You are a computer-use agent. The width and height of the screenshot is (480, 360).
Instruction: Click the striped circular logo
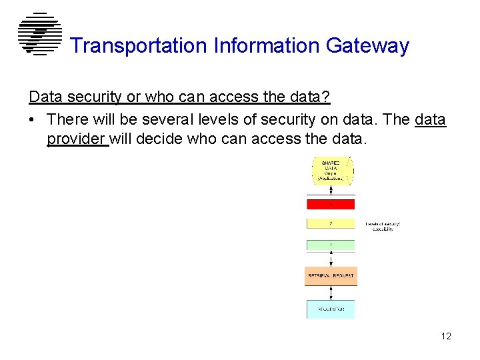(39, 34)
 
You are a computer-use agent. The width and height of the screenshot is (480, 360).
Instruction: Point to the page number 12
(445, 336)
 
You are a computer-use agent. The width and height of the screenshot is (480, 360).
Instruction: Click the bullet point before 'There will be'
(33, 120)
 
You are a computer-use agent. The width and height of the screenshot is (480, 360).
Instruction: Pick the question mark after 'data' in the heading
(326, 97)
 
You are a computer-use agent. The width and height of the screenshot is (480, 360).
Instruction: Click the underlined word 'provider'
(77, 139)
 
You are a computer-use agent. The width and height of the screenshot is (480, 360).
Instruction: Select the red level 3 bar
(331, 204)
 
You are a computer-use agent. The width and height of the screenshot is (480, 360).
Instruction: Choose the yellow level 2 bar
(331, 223)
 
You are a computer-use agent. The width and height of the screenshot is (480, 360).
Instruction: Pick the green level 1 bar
(331, 245)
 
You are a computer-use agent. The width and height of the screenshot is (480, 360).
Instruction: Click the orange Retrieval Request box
(331, 275)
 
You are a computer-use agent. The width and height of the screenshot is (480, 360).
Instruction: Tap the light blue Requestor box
(331, 309)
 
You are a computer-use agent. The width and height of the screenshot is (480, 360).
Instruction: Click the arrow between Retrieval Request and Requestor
(331, 293)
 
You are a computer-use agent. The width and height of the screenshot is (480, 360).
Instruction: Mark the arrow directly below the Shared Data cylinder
(331, 192)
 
